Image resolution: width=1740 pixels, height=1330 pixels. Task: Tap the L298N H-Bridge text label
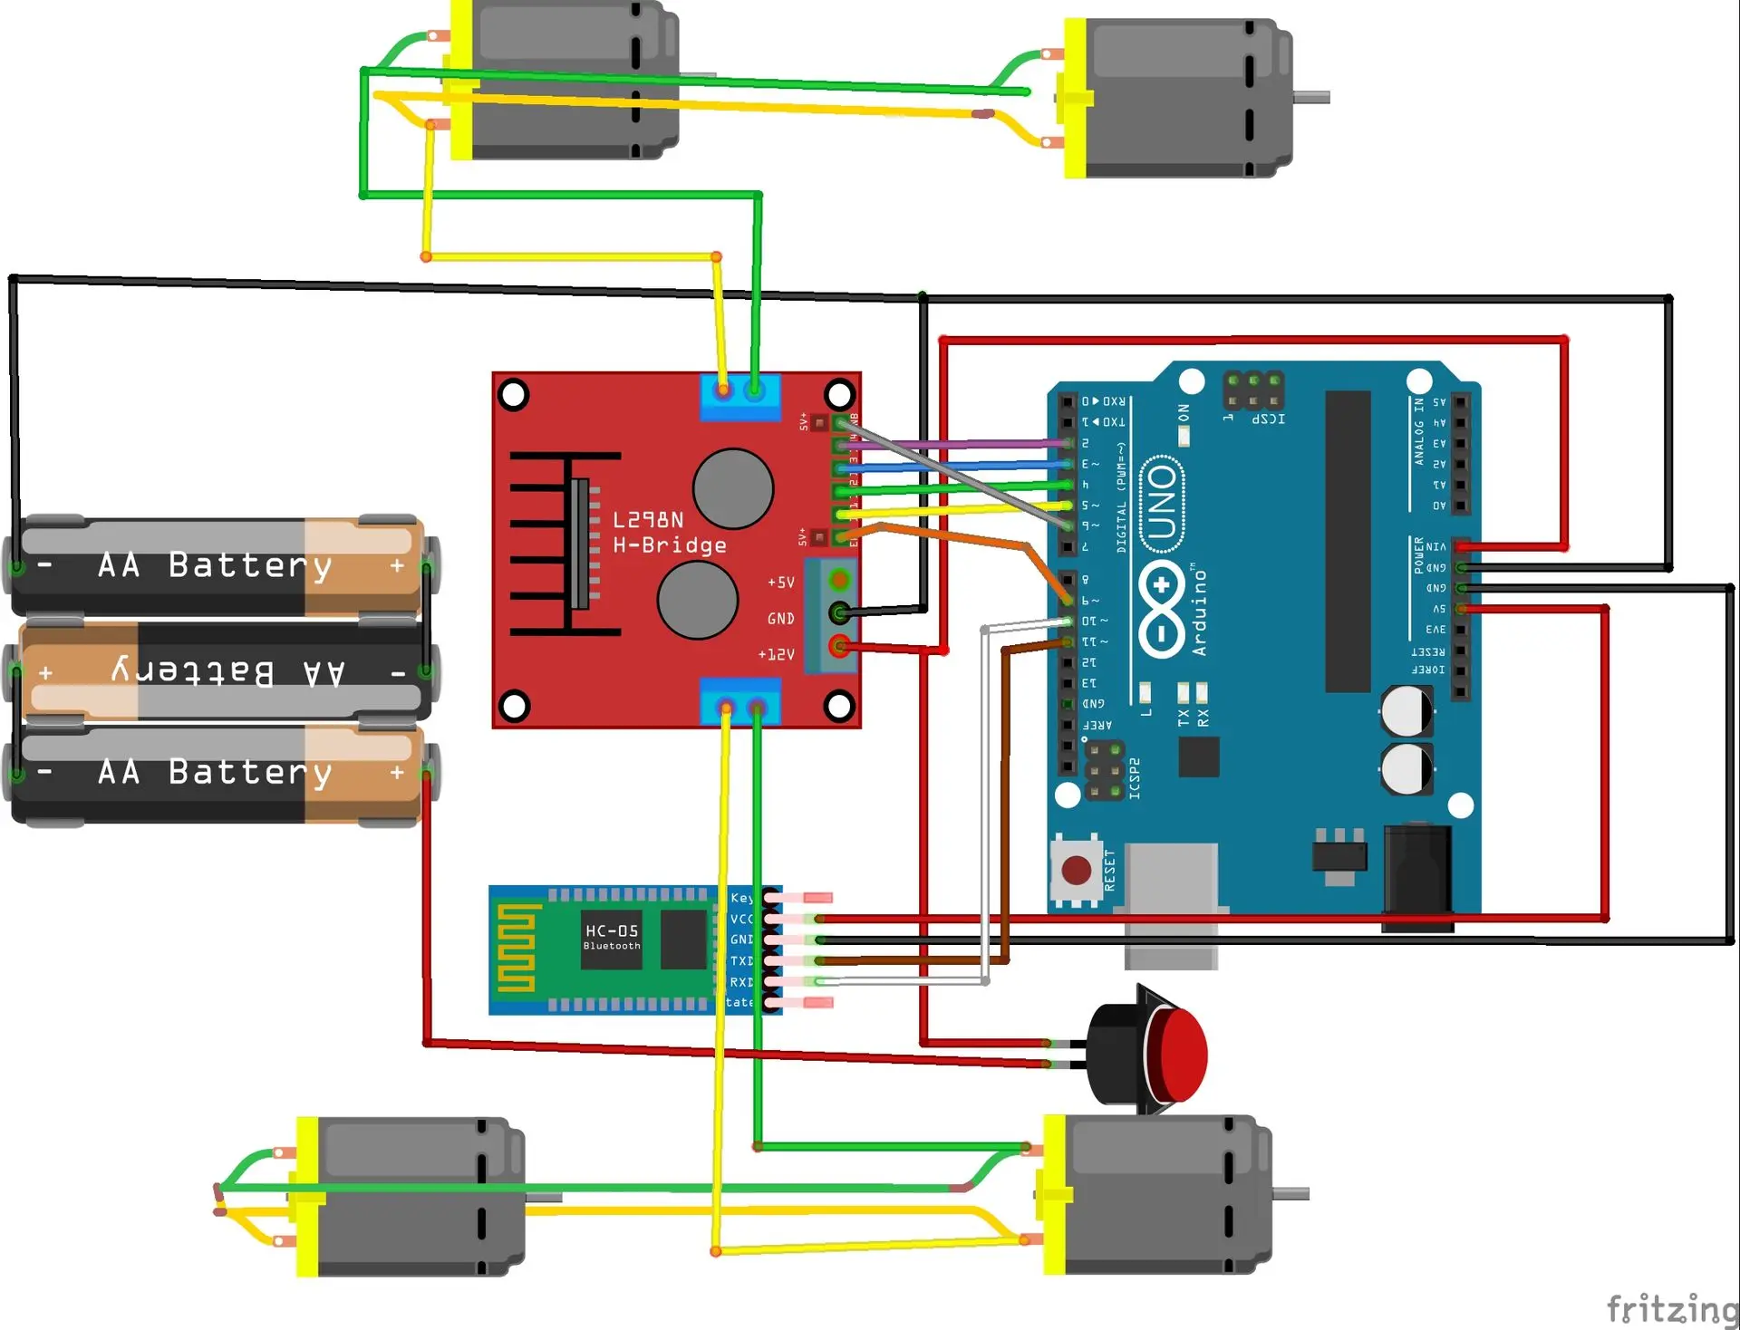pos(669,533)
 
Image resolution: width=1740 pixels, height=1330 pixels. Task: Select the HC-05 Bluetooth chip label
pos(612,936)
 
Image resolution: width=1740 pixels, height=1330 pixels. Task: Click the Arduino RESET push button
pos(1076,871)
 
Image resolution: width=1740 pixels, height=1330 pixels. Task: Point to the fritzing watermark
pos(1671,1309)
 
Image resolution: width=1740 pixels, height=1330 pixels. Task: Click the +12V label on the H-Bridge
pos(776,654)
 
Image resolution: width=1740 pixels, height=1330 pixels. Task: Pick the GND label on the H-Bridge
pos(780,619)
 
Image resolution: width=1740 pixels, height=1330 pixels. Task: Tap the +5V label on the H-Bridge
pos(780,583)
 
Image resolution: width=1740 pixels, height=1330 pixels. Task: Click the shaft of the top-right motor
pos(1311,97)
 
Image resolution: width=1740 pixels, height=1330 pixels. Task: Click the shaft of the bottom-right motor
pos(1290,1194)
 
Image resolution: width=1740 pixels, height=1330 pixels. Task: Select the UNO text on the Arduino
pos(1162,504)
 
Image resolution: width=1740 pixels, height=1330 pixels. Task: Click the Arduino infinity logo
pos(1162,609)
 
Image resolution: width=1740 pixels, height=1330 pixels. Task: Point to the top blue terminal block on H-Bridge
pos(740,397)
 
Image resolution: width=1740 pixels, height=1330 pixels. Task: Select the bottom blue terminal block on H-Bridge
pos(740,701)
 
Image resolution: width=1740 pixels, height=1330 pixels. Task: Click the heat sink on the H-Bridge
pos(566,544)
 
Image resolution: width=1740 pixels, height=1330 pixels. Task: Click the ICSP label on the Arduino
pos(1268,419)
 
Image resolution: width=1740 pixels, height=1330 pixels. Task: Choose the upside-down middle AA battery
pos(222,672)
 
